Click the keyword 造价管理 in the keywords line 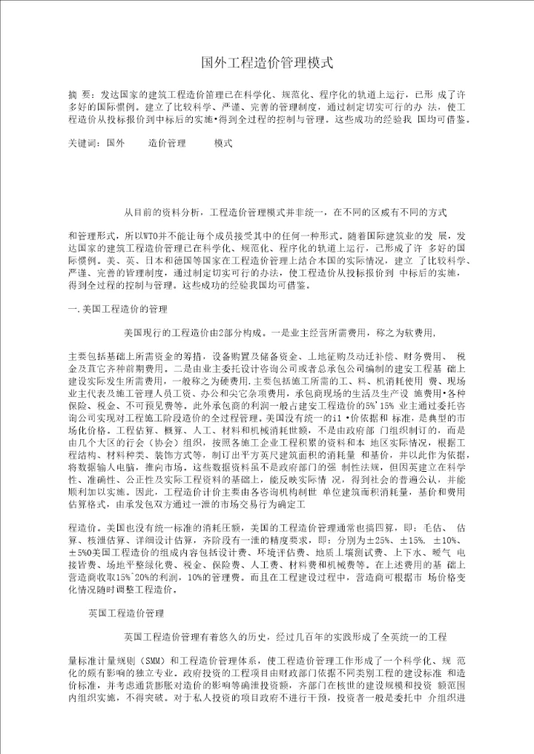click(167, 142)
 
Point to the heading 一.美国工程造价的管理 click(119, 307)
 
